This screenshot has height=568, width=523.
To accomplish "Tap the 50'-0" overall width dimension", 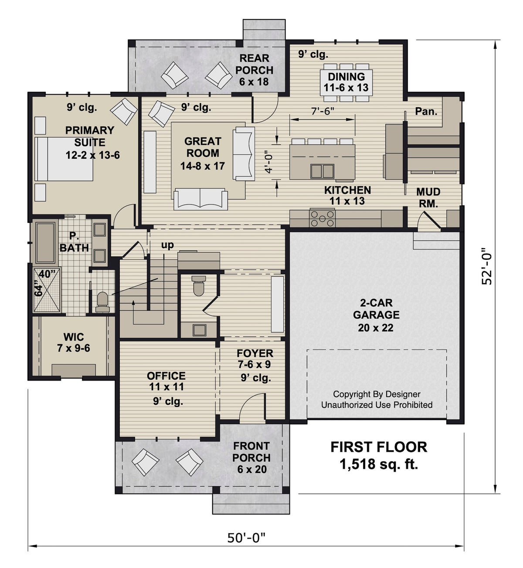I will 246,538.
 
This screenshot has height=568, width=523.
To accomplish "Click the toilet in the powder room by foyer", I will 199,285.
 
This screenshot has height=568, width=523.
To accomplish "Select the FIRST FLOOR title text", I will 378,447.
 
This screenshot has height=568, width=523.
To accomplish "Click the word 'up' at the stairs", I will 167,245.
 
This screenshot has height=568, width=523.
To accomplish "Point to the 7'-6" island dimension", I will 323,111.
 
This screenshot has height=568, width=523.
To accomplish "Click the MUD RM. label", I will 428,197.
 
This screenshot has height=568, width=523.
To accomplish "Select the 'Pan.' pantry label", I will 426,112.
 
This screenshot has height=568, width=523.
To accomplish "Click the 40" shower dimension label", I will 44,274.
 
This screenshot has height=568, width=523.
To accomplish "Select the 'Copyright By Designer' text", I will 377,394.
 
